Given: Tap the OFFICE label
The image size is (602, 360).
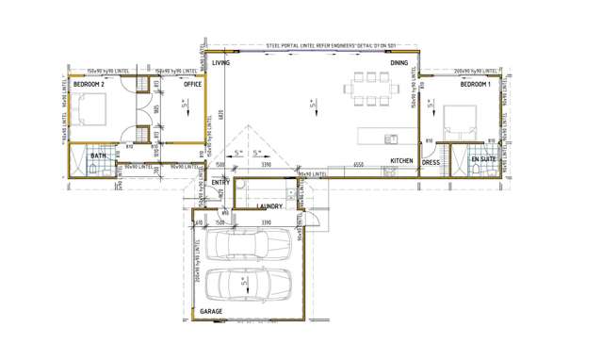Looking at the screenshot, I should (x=192, y=85).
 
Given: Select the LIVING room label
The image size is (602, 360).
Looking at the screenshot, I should (x=220, y=63).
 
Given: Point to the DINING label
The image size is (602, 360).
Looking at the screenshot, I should (x=399, y=63).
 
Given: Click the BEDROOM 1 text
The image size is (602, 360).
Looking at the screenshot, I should (x=475, y=85).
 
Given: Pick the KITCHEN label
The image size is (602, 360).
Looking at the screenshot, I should (x=402, y=162).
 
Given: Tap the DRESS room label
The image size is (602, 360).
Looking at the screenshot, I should (x=431, y=162).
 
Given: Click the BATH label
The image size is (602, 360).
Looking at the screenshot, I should (x=98, y=156).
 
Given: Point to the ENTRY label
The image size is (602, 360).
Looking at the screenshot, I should (x=220, y=182).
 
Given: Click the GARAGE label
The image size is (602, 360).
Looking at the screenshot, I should (x=211, y=310).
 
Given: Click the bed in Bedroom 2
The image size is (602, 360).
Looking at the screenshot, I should (x=95, y=111).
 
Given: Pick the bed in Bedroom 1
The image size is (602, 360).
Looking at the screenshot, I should (x=462, y=120).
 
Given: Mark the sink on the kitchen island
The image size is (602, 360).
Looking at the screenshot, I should (x=389, y=140).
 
